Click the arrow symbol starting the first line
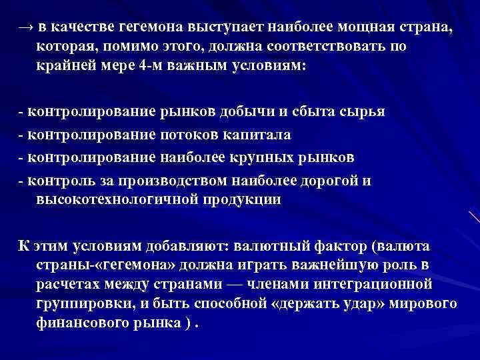[25, 28]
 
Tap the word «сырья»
[363, 111]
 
